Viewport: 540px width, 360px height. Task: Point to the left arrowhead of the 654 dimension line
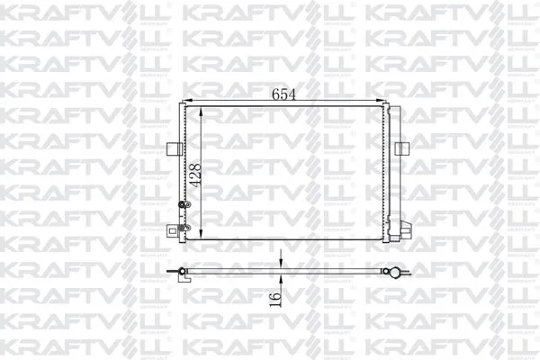point(185,101)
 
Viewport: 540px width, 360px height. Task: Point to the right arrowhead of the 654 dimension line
point(385,101)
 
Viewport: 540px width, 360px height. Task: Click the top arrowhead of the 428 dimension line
point(201,108)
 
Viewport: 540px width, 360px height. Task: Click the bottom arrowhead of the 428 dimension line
point(201,238)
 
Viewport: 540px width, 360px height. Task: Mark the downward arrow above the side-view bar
point(282,265)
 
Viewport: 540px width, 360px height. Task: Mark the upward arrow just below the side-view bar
point(282,280)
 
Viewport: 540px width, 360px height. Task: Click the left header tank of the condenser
point(183,171)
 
